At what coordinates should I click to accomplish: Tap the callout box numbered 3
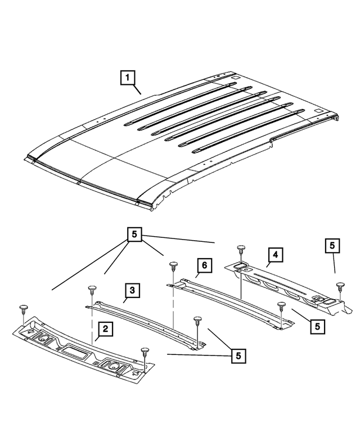click(131, 291)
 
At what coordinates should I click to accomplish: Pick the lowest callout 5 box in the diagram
click(238, 355)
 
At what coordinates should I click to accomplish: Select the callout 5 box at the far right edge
click(332, 246)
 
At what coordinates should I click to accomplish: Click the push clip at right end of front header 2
click(145, 351)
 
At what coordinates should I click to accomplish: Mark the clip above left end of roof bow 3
click(92, 290)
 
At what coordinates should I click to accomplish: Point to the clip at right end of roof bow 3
click(197, 321)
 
